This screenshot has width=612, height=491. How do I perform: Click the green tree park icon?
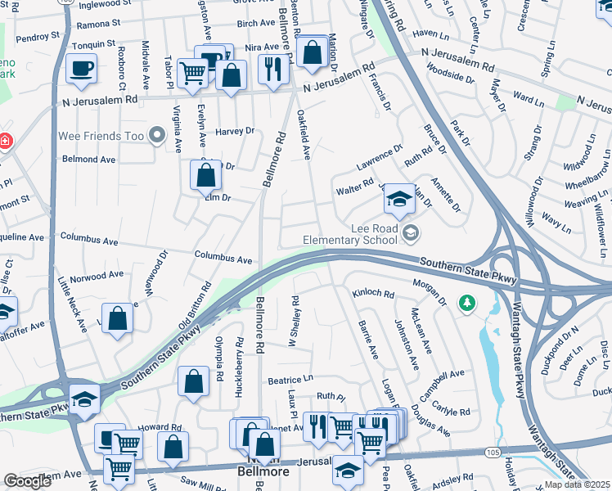point(467,304)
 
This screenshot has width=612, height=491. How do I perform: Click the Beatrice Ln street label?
point(290,381)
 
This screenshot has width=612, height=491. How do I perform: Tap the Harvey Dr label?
point(236,131)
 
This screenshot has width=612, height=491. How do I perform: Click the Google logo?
point(27,481)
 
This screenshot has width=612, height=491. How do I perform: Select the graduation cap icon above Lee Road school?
point(398,199)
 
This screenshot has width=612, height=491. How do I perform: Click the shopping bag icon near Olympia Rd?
point(193,381)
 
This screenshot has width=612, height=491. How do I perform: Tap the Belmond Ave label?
point(88,160)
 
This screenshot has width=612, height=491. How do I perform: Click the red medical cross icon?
point(5,141)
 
